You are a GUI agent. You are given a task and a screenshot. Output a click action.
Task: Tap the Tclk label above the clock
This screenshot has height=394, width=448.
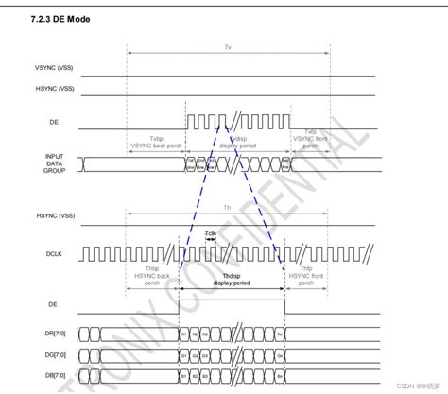coord(213,234)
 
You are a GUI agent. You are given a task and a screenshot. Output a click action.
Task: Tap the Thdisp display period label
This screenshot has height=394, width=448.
coord(231,279)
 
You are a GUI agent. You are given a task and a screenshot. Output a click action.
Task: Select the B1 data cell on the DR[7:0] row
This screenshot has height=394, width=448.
coord(185,334)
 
